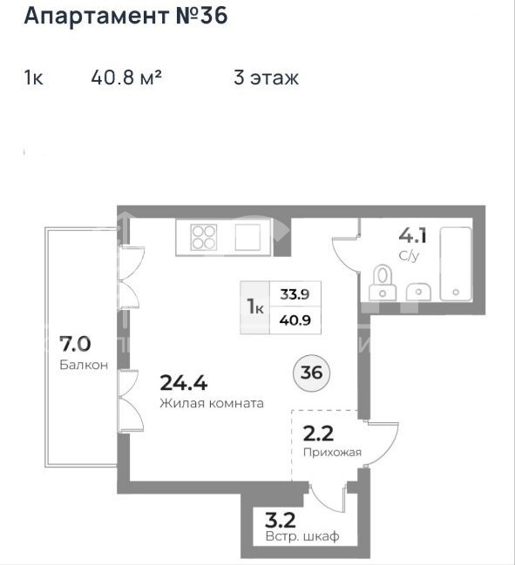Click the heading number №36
point(201,16)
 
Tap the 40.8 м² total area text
point(126,77)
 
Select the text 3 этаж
point(266,77)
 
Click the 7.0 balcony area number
point(75,343)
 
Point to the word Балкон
point(84,365)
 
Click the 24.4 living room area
point(183,383)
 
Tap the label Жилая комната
point(212,403)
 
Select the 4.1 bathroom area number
point(412,236)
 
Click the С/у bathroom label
point(409,256)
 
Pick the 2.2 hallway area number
point(318,434)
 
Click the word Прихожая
point(332,452)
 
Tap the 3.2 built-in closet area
point(281,521)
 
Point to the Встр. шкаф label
point(302,536)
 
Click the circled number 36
point(312,373)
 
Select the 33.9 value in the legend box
point(295,294)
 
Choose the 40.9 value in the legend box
point(295,320)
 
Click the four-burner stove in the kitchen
point(204,237)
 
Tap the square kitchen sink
point(247,237)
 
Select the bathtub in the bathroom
point(456,264)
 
